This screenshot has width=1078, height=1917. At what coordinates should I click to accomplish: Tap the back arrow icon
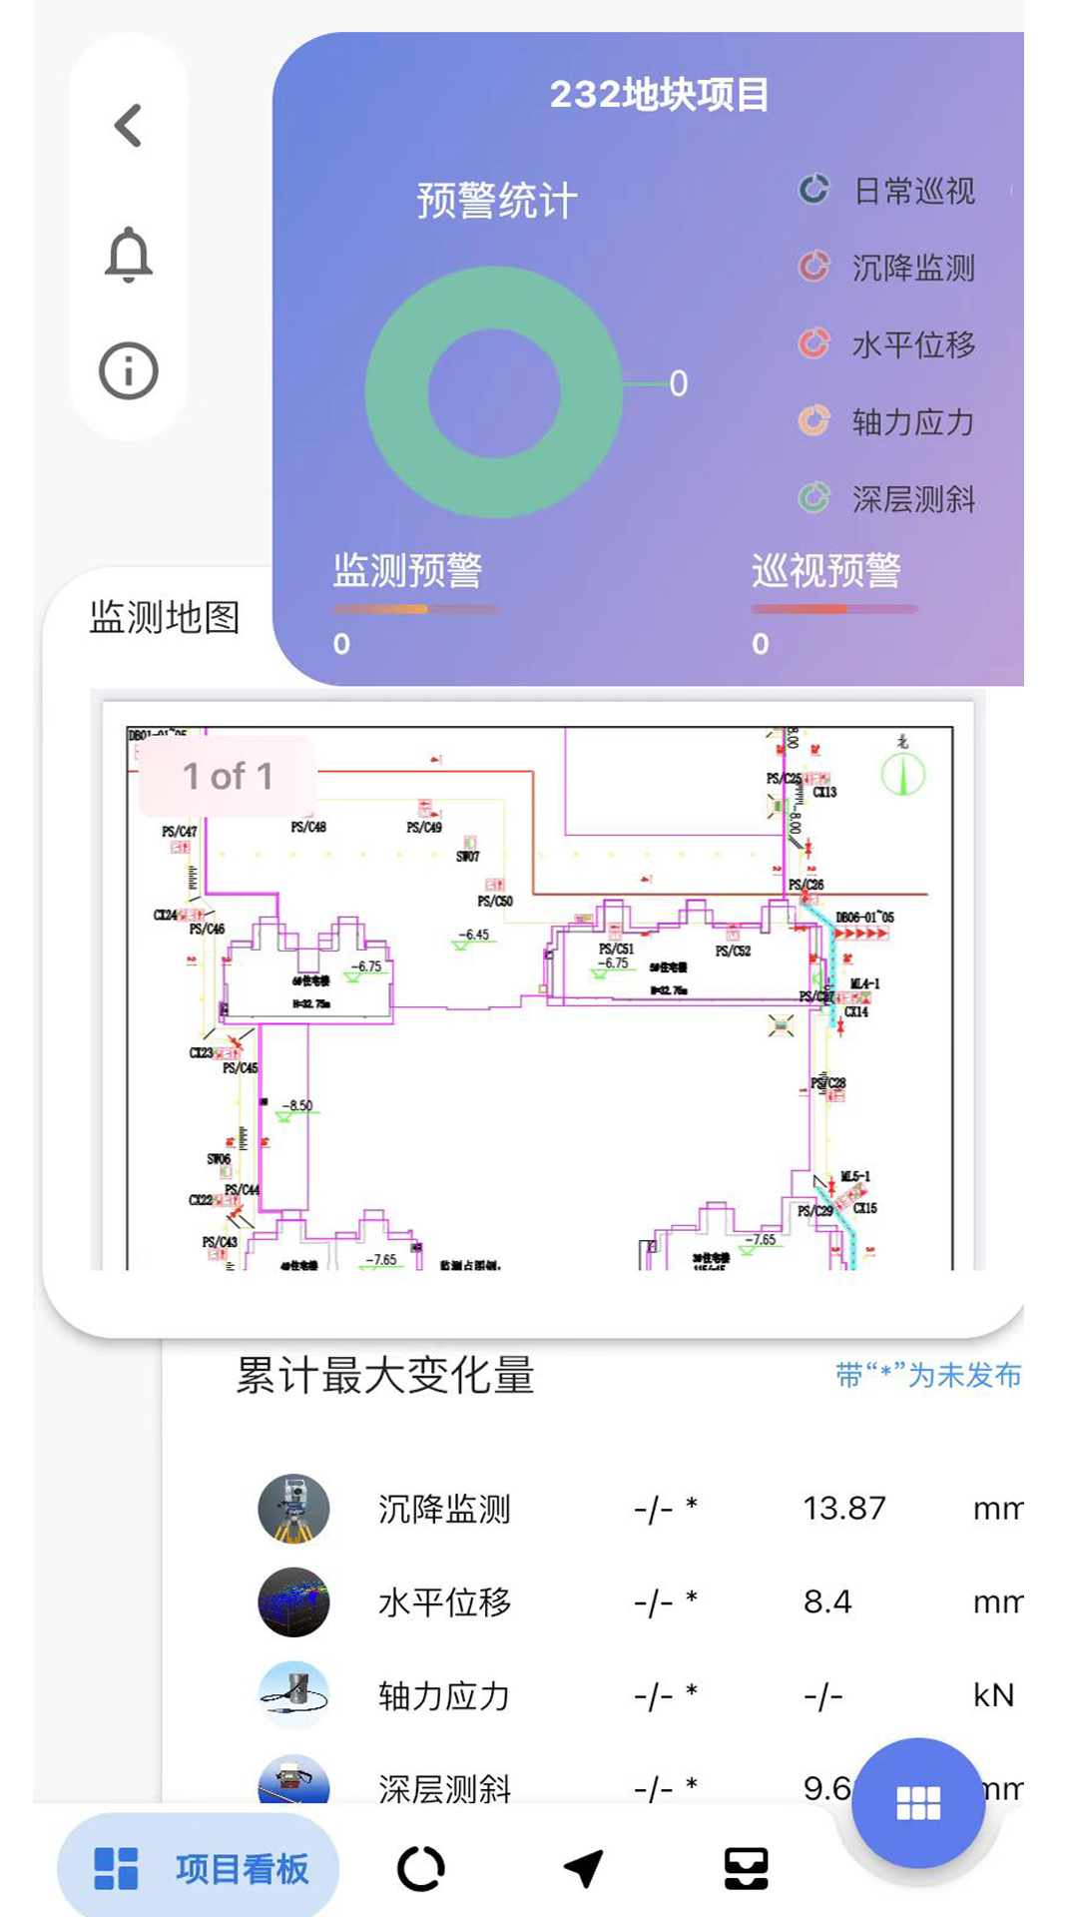tap(128, 126)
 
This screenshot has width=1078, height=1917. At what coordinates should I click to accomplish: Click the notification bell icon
tap(129, 255)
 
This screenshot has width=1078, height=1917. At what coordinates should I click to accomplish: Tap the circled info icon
tap(129, 371)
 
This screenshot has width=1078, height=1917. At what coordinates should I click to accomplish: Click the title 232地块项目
tap(659, 95)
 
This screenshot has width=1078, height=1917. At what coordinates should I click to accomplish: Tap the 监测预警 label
tap(407, 571)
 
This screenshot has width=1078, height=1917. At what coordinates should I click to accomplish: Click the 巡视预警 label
tap(825, 571)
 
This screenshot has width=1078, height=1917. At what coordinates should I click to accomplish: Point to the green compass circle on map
tap(903, 774)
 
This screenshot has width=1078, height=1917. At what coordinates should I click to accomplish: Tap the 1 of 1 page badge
tap(228, 776)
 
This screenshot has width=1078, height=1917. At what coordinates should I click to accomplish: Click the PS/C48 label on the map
tap(308, 827)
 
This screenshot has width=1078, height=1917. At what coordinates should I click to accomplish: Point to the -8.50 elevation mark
tap(297, 1105)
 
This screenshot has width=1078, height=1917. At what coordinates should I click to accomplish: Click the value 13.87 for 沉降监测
tap(844, 1508)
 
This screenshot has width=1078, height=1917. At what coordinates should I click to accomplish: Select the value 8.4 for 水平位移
tap(827, 1601)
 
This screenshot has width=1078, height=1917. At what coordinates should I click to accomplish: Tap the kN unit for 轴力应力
tap(993, 1695)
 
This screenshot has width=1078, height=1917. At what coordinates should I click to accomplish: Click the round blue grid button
tap(918, 1803)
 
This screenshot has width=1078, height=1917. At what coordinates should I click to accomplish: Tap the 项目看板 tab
tap(199, 1868)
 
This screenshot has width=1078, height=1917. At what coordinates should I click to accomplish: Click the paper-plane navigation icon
tap(583, 1868)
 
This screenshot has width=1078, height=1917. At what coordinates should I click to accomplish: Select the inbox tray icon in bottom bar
tap(746, 1868)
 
